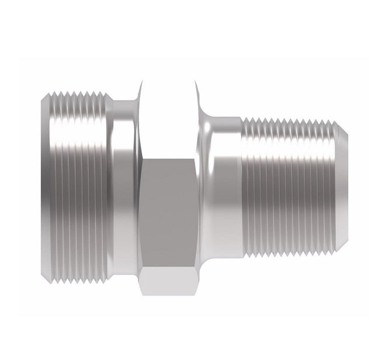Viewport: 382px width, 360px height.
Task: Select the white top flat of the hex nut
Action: pyautogui.click(x=169, y=117)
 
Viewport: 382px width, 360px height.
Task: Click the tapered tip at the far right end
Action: pyautogui.click(x=345, y=187)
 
